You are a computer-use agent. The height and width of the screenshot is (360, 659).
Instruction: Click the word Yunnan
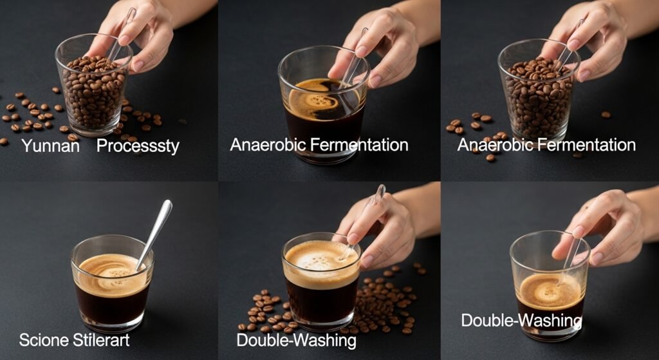[x=50, y=146]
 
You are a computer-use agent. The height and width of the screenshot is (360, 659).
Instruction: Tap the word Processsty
[x=138, y=146]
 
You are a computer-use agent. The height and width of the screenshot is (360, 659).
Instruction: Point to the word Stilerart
[x=101, y=339]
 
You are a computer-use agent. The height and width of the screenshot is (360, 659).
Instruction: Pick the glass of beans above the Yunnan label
[x=93, y=87]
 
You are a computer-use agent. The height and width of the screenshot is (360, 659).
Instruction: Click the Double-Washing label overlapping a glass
[x=521, y=321]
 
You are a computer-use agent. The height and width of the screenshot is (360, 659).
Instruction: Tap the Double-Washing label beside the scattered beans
[x=296, y=340]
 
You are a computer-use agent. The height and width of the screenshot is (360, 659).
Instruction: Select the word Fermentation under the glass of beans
[x=587, y=145]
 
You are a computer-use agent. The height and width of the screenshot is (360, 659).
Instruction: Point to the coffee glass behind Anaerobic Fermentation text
[x=324, y=104]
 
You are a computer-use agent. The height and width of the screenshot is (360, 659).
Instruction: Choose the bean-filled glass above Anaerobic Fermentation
[x=539, y=90]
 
